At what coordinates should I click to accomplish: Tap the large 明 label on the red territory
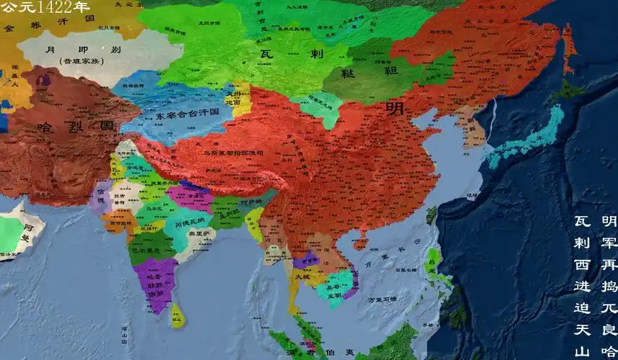point(395,108)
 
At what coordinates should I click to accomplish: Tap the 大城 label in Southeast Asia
point(301,276)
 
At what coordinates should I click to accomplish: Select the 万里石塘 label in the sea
point(382,300)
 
